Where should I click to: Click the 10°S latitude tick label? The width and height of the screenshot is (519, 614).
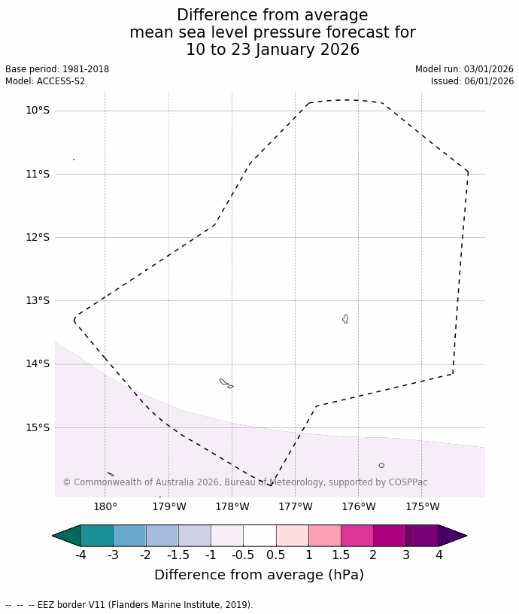[x=37, y=111]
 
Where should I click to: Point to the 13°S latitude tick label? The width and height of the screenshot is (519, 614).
[x=37, y=301]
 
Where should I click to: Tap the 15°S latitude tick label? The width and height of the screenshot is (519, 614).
[x=37, y=428]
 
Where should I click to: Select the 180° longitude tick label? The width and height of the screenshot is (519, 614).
[x=105, y=506]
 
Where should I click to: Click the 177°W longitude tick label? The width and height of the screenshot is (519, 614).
[x=296, y=506]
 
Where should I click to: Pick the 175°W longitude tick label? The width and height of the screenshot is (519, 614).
[x=423, y=506]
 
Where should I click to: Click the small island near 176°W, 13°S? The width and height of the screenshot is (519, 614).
[x=345, y=319]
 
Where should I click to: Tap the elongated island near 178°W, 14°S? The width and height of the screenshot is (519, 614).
[x=224, y=382]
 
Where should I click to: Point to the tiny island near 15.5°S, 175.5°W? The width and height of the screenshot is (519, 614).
[x=381, y=466]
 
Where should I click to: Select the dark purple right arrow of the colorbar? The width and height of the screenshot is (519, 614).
[x=451, y=536]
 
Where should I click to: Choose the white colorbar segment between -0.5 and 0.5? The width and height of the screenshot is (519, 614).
[x=259, y=536]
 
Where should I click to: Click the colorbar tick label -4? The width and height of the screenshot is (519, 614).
[x=80, y=555]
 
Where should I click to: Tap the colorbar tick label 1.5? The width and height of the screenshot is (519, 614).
[x=341, y=555]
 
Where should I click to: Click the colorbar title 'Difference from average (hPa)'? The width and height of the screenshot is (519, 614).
[x=259, y=575]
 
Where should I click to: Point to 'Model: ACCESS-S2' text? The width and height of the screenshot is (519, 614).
[x=45, y=81]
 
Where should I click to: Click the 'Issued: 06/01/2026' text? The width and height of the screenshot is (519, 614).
[x=472, y=81]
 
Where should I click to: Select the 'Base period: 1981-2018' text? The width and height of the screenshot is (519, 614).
[x=57, y=69]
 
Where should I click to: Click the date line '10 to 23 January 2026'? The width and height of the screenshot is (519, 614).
[x=272, y=50]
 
